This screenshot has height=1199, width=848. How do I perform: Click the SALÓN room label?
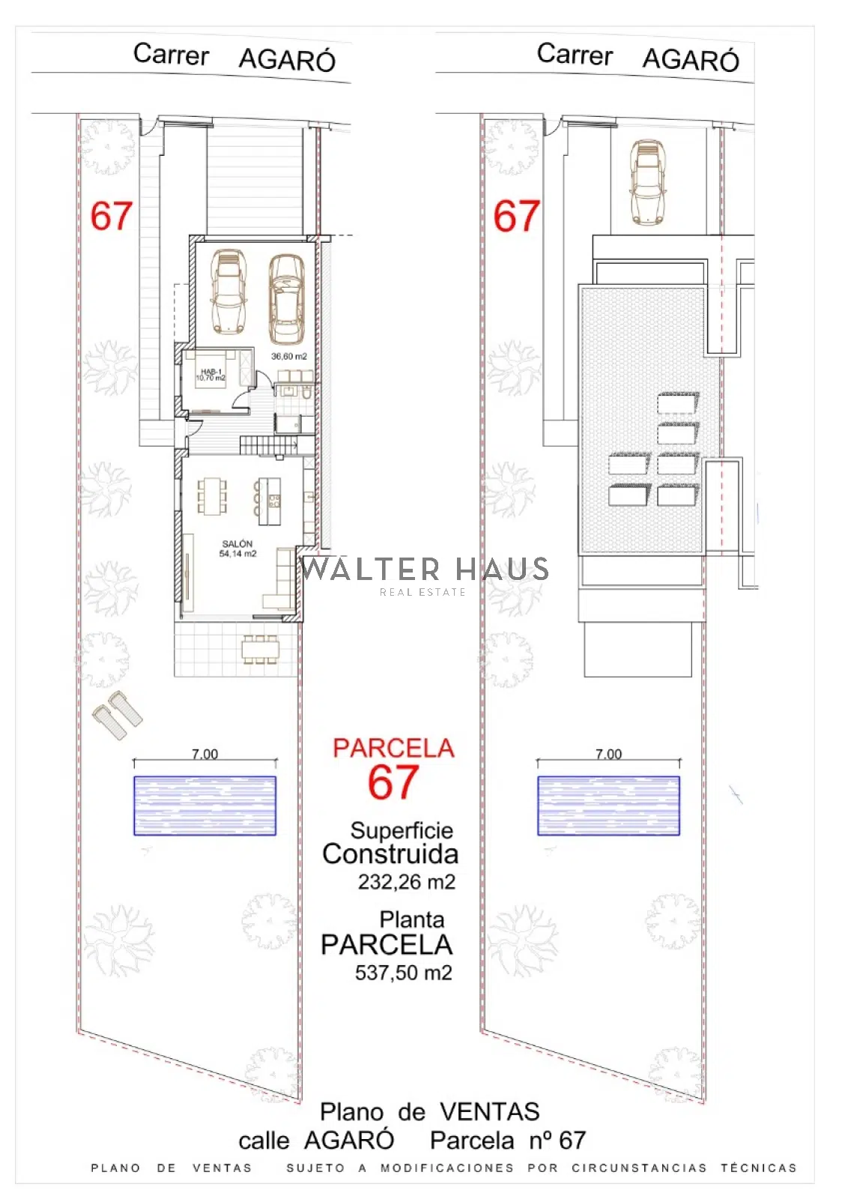coord(237,543)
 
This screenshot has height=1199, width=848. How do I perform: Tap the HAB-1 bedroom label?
coord(211,372)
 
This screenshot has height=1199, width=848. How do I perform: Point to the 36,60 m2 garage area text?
coord(289,356)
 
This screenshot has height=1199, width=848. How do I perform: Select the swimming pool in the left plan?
coord(205,806)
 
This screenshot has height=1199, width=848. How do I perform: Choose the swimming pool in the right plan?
coord(608,806)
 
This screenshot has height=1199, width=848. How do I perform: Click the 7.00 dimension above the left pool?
coord(205,754)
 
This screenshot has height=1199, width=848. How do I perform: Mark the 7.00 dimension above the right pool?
coord(609,754)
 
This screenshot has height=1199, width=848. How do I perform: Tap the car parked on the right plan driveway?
coord(648,182)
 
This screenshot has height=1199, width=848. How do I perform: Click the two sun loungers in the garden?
coord(118,715)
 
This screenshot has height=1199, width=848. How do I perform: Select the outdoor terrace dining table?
coord(261,650)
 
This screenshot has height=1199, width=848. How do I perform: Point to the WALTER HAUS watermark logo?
coord(425,574)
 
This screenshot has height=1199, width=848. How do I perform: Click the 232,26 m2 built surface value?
coord(407,881)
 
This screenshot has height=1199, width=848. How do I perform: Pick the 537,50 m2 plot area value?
coord(404,972)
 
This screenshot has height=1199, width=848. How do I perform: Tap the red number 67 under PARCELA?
coord(393,782)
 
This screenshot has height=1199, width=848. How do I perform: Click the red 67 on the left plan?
coord(112,216)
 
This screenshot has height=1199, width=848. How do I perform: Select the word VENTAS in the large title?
coord(490,1112)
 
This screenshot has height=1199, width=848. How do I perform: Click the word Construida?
coord(390,854)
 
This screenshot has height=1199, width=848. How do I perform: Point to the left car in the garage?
coord(229,290)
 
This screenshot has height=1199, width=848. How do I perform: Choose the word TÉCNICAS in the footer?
coord(759,1168)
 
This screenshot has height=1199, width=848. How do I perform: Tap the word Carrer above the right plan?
coord(575,54)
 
